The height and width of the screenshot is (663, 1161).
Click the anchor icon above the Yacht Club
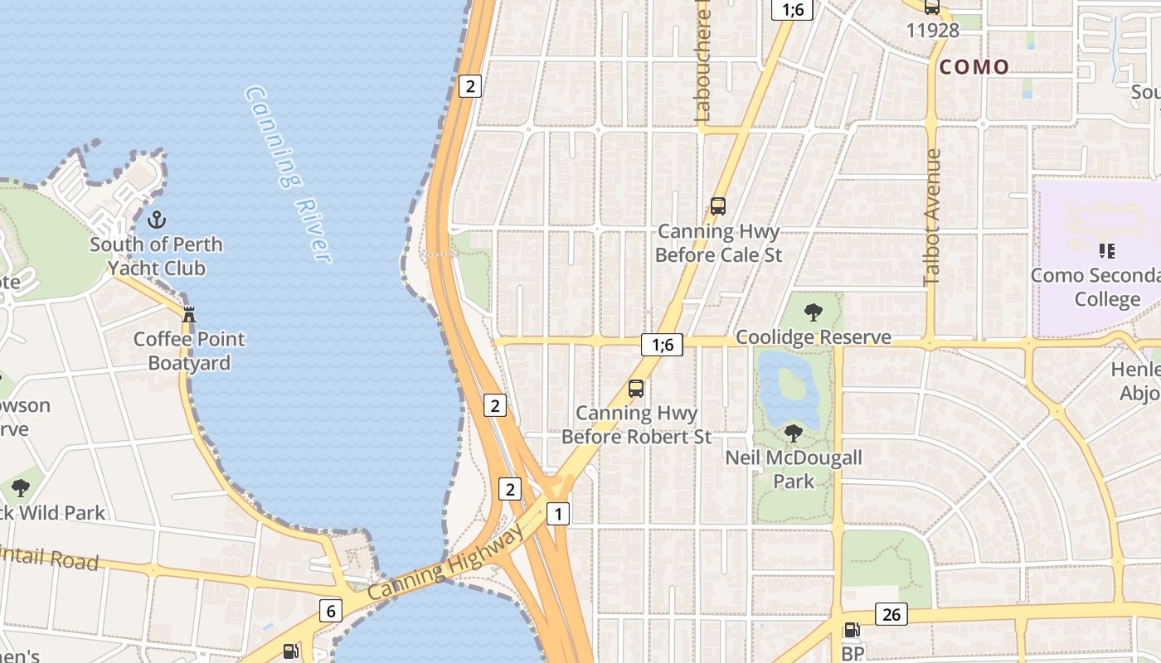(x=156, y=220)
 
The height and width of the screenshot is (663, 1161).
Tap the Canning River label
(x=289, y=174)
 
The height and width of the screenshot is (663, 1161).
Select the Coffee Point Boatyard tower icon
(x=189, y=314)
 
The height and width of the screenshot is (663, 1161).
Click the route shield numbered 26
(x=891, y=614)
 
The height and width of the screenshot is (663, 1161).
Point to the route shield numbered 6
(x=331, y=612)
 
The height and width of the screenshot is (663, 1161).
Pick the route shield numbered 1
(x=558, y=514)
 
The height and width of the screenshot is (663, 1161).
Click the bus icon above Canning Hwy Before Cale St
(x=718, y=206)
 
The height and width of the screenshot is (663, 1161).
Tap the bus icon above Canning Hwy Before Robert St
(x=636, y=388)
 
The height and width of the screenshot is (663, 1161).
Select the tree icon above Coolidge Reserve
(x=814, y=312)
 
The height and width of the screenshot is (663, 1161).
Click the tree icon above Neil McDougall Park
(x=794, y=433)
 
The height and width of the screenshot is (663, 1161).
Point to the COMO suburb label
(x=974, y=67)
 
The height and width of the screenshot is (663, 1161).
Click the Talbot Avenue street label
(x=932, y=217)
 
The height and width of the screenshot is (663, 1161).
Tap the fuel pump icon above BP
(x=852, y=631)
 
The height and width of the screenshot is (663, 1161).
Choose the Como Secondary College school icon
(x=1106, y=250)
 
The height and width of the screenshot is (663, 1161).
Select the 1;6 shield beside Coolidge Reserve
(x=662, y=345)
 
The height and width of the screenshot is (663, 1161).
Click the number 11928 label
(x=932, y=31)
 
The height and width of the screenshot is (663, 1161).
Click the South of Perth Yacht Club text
(x=156, y=256)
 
